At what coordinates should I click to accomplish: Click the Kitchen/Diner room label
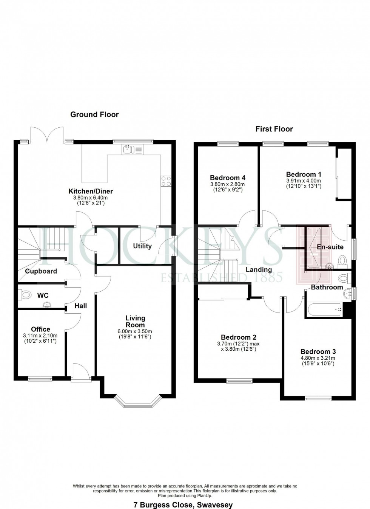(x=90, y=191)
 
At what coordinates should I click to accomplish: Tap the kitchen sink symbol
(x=128, y=150)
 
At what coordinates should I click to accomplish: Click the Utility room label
(x=142, y=246)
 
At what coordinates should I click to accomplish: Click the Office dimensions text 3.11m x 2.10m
(x=40, y=336)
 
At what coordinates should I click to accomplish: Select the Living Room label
(x=135, y=322)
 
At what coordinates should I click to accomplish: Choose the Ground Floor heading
(x=94, y=114)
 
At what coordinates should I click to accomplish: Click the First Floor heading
(x=274, y=129)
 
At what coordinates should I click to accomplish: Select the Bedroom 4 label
(x=228, y=178)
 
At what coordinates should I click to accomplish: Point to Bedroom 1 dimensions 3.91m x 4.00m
(x=304, y=181)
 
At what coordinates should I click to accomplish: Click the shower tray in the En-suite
(x=313, y=248)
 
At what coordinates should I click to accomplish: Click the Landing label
(x=259, y=269)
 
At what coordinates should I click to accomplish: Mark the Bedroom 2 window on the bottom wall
(x=239, y=381)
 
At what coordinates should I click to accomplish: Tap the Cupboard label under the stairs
(x=41, y=271)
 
